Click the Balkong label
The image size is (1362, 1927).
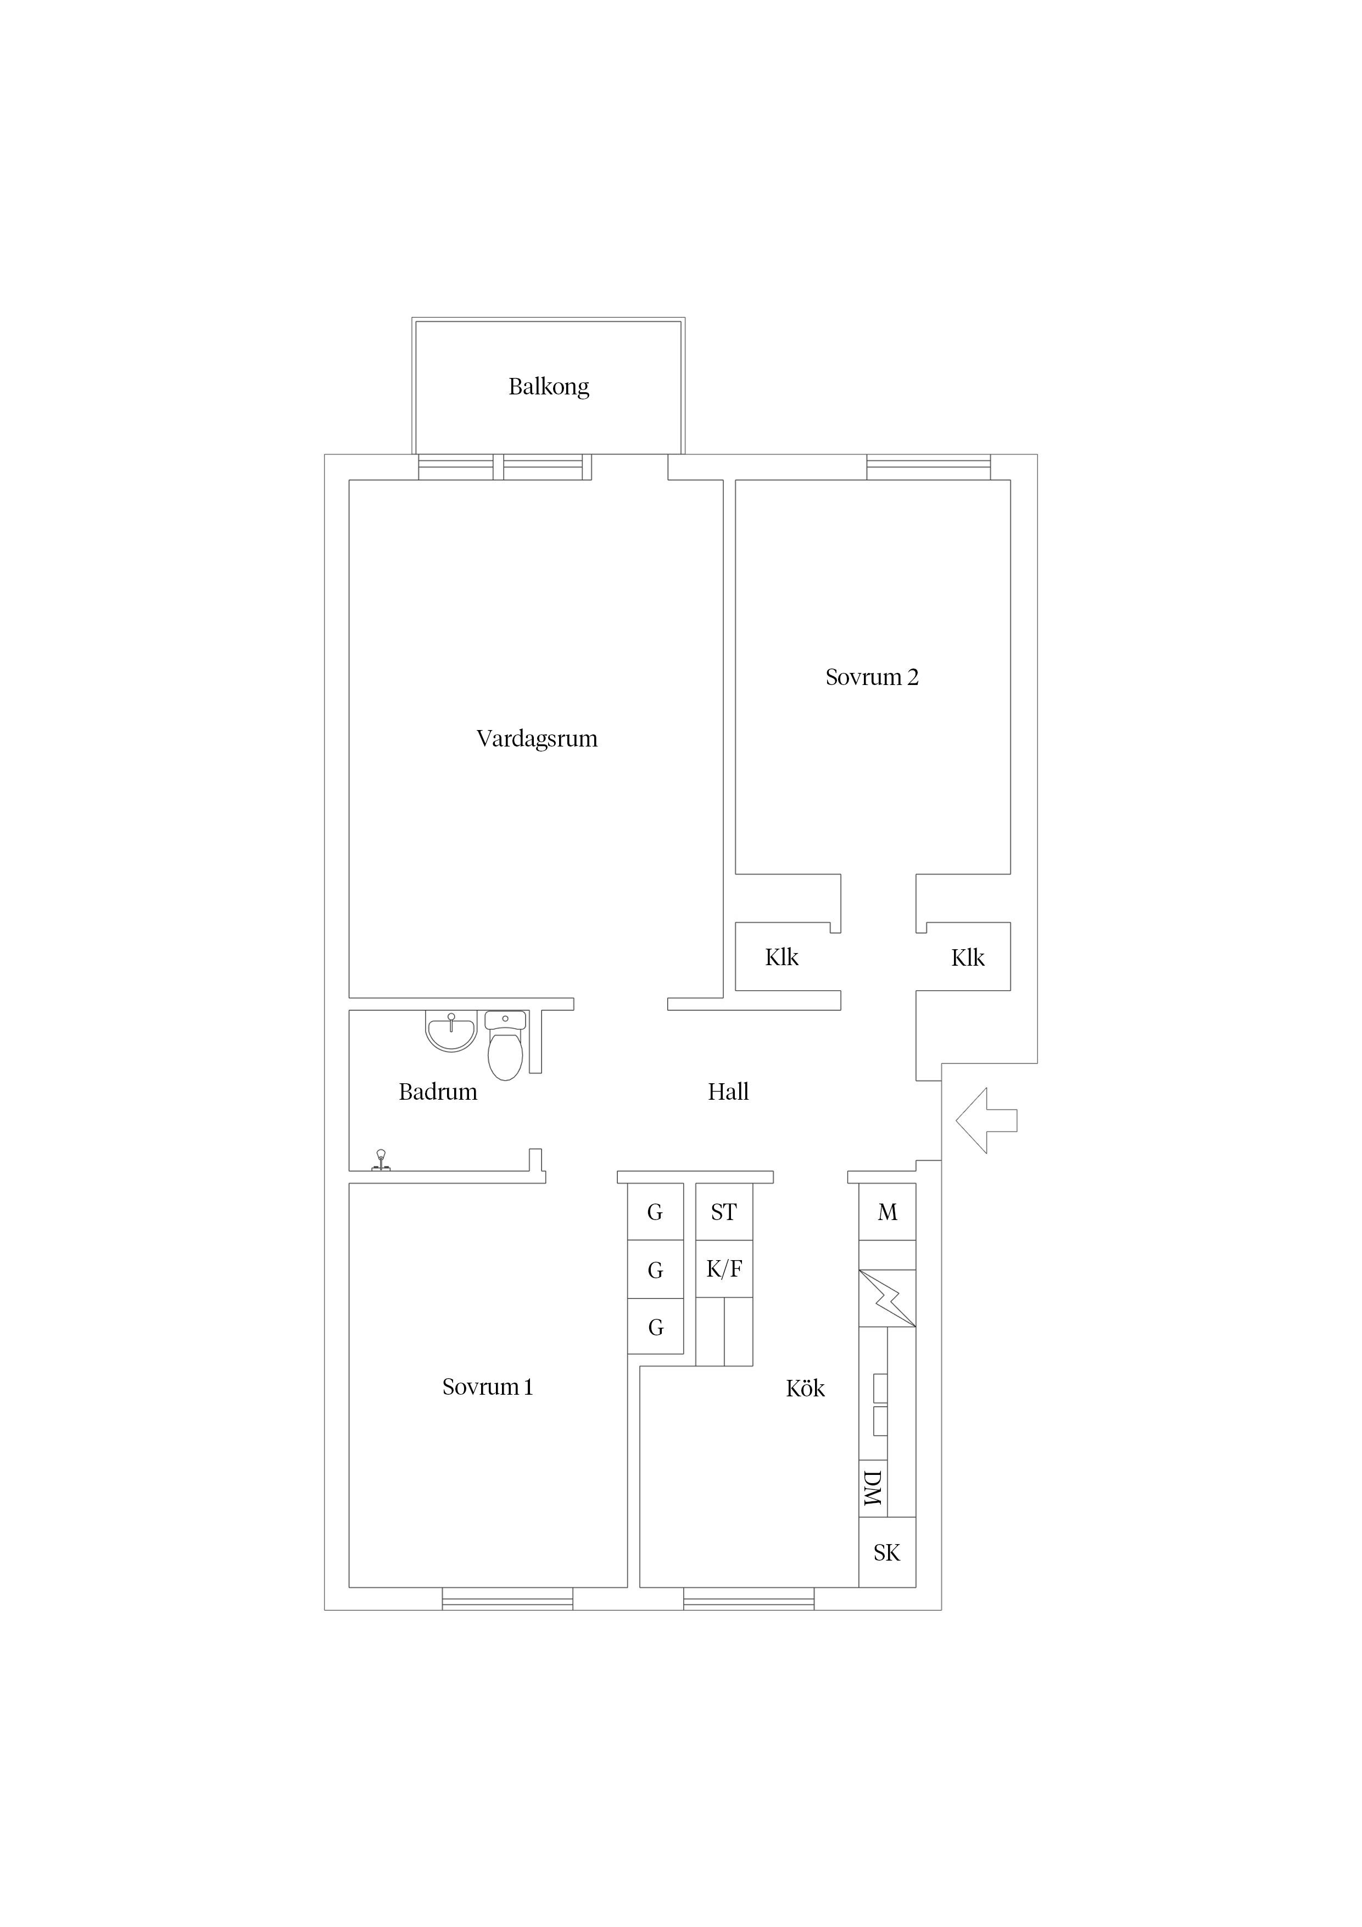click(549, 387)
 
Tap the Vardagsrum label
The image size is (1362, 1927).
click(537, 739)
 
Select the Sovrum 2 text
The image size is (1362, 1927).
click(872, 677)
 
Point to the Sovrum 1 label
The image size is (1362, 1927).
click(488, 1388)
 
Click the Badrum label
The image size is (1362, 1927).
click(438, 1092)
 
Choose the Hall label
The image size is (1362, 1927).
click(728, 1092)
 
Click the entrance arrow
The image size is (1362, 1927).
click(986, 1121)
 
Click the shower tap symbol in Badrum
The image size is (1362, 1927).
click(381, 1161)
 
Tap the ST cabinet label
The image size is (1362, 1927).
click(723, 1212)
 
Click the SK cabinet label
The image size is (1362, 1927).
click(887, 1553)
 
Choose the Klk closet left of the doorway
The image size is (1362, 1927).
click(782, 957)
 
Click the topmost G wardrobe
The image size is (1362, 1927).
click(655, 1212)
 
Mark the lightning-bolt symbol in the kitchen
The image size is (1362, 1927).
click(887, 1299)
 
